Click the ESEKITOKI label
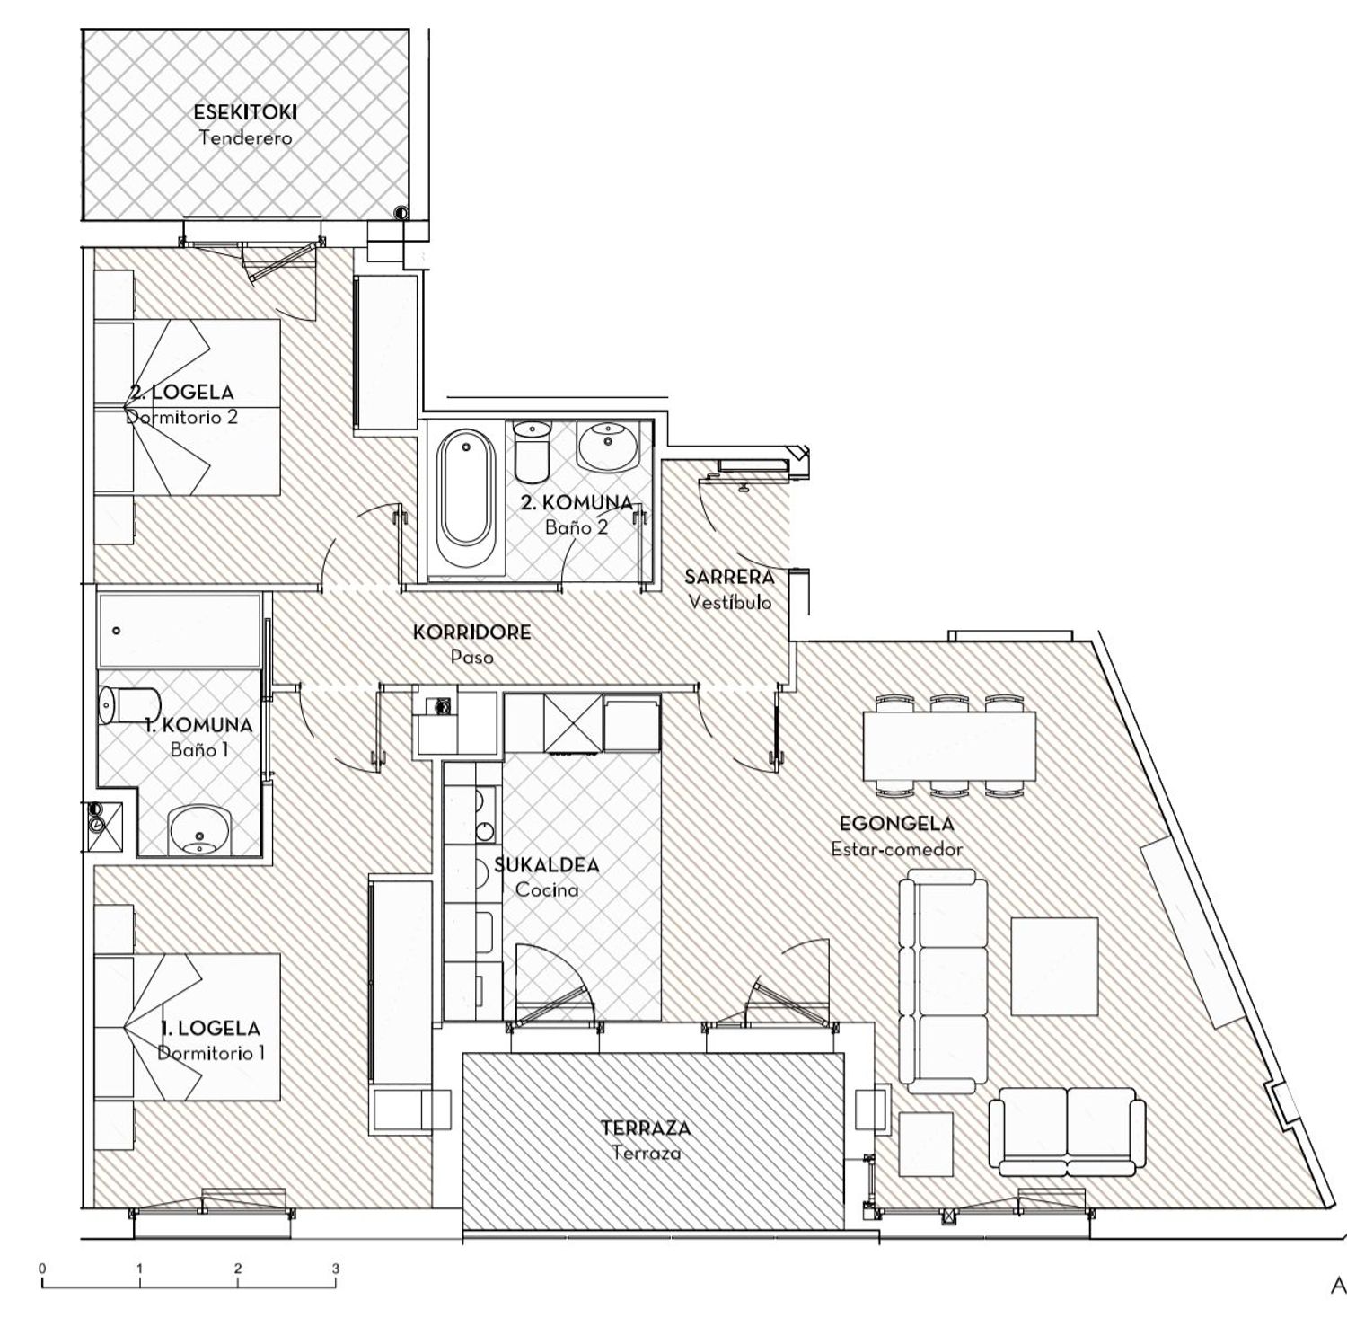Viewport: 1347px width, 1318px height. click(245, 112)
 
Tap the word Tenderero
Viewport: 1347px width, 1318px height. click(245, 138)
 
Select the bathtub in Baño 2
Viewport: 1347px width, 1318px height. click(465, 489)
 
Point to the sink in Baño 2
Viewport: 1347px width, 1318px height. click(609, 446)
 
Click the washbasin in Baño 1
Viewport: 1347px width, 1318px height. click(199, 828)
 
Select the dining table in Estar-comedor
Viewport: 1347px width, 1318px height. click(949, 747)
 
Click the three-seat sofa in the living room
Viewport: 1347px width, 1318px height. click(944, 985)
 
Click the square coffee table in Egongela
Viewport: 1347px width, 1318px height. click(1055, 963)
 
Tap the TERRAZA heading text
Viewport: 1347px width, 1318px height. click(646, 1128)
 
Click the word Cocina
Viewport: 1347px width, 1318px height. click(547, 889)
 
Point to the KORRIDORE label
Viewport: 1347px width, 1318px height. click(472, 632)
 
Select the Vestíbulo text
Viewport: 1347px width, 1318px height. click(730, 602)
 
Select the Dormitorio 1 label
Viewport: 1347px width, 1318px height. click(211, 1053)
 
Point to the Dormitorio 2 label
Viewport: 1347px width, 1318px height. click(181, 417)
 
